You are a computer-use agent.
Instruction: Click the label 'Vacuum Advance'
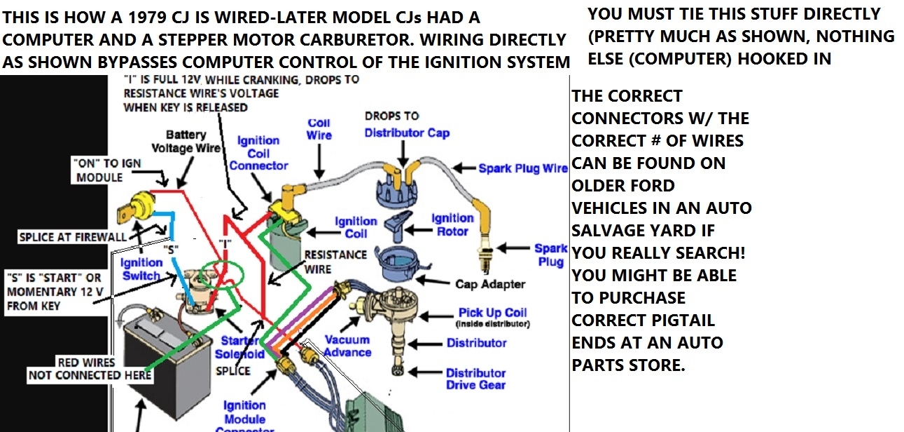pyautogui.click(x=348, y=346)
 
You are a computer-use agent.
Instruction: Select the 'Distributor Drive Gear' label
pyautogui.click(x=475, y=379)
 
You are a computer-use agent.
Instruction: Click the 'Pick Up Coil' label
pyautogui.click(x=492, y=313)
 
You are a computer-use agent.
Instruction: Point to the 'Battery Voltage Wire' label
pyautogui.click(x=186, y=141)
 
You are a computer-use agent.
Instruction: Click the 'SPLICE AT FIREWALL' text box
pyautogui.click(x=73, y=237)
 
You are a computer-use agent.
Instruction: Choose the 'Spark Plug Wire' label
pyautogui.click(x=522, y=168)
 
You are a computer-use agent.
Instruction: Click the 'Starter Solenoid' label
pyautogui.click(x=239, y=347)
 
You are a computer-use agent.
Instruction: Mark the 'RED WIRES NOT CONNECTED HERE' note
pyautogui.click(x=90, y=369)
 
